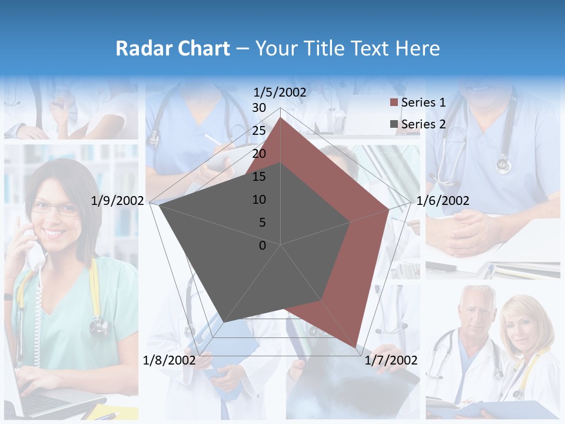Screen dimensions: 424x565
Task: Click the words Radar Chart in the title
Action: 172,48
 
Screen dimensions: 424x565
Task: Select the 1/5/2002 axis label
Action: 280,92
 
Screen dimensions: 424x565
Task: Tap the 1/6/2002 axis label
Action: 443,201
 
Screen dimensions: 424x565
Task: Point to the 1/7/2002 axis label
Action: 391,360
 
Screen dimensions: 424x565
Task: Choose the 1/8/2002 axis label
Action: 169,360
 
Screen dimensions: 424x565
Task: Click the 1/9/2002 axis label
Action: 118,201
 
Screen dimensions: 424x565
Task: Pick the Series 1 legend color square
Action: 394,103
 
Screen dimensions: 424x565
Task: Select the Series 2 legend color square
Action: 394,124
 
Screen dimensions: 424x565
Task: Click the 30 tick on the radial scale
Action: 259,108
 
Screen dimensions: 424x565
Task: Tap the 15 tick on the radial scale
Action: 259,177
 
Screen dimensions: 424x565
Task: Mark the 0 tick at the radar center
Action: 262,246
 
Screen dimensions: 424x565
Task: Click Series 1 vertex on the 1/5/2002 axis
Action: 281,118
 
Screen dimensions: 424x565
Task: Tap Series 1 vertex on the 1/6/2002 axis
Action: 389,209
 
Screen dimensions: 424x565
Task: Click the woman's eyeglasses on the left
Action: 54,207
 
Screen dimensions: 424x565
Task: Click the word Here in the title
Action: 418,48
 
